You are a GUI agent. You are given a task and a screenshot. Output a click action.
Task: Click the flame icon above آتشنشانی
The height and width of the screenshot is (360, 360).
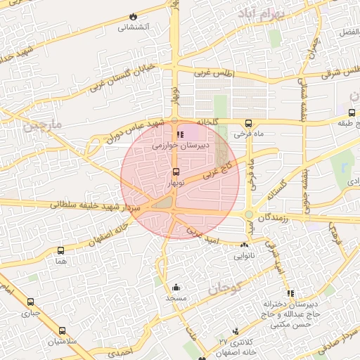pyautogui.click(x=133, y=16)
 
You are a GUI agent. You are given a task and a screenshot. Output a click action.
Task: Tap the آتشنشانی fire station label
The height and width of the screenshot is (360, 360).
pyautogui.click(x=133, y=27)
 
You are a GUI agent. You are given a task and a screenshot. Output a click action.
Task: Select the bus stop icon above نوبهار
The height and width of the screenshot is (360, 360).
pyautogui.click(x=175, y=171)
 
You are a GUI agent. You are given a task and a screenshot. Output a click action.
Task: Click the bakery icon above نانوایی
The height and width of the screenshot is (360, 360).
pyautogui.click(x=244, y=245)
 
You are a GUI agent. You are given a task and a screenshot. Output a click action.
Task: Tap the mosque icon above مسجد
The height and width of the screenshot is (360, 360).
pyautogui.click(x=175, y=287)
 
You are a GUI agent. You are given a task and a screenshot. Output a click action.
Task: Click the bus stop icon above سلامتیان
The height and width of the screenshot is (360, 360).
pyautogui.click(x=62, y=330)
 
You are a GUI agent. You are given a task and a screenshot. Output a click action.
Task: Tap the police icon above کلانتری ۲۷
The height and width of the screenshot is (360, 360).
pyautogui.click(x=236, y=331)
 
